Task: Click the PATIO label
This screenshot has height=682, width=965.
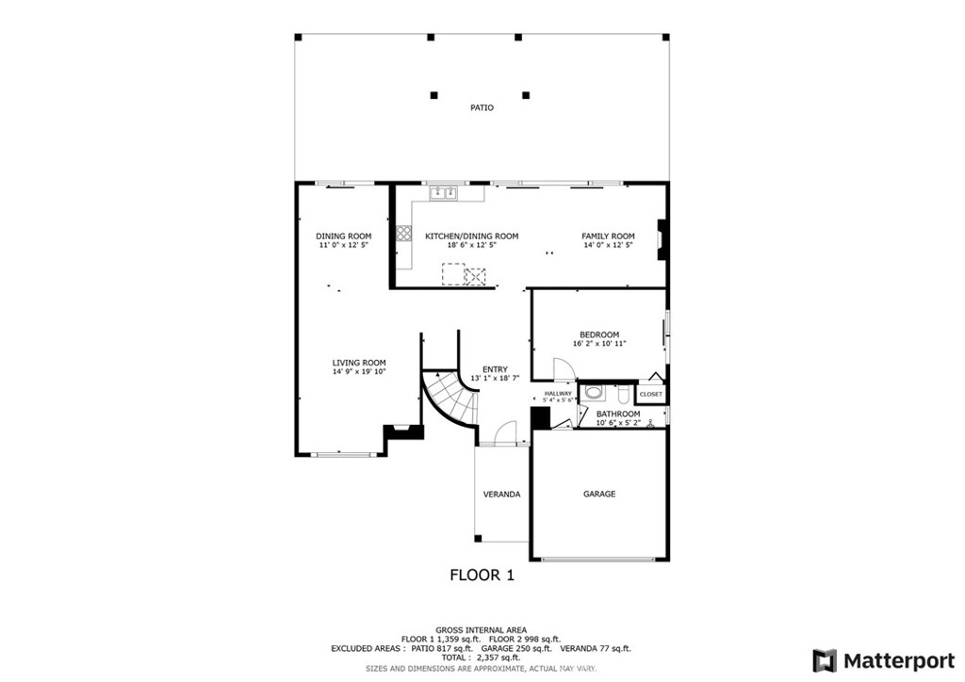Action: [x=482, y=107]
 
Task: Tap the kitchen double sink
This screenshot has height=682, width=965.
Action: [x=444, y=193]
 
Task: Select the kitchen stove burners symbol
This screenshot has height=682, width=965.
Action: [x=403, y=233]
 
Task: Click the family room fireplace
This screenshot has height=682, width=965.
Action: [x=661, y=239]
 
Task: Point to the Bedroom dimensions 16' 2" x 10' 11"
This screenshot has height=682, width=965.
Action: [x=599, y=344]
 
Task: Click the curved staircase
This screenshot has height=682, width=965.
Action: [x=449, y=398]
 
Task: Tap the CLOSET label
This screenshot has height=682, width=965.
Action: [x=651, y=394]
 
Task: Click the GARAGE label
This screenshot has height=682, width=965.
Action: [x=599, y=494]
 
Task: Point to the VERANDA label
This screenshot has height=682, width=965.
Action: [x=501, y=495]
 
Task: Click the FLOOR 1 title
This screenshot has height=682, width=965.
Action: [x=482, y=575]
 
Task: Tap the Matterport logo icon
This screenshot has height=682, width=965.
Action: [x=825, y=660]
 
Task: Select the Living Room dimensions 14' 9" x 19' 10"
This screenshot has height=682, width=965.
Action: [x=359, y=371]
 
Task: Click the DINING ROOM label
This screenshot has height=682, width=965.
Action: [x=343, y=236]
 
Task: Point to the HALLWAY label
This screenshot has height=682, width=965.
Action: [x=558, y=394]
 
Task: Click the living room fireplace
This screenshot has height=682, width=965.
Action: [x=404, y=431]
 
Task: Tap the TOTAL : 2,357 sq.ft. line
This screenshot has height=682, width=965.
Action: [x=481, y=658]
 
